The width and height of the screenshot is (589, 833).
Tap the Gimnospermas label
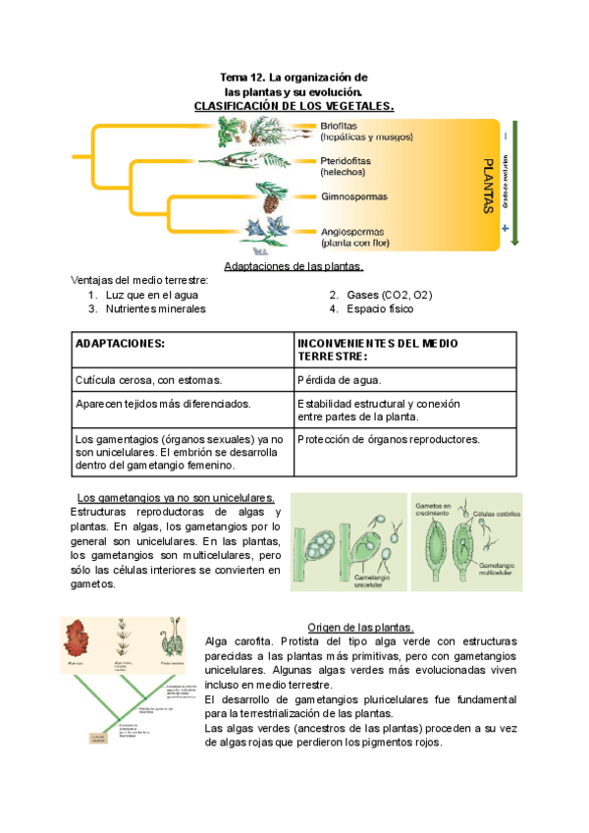pyautogui.click(x=354, y=196)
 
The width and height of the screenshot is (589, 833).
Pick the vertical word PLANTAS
pyautogui.click(x=487, y=186)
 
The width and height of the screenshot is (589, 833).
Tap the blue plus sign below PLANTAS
pyautogui.click(x=505, y=229)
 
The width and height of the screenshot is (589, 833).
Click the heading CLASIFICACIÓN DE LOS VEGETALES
pyautogui.click(x=294, y=105)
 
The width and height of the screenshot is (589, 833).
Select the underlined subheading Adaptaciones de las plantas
pyautogui.click(x=294, y=266)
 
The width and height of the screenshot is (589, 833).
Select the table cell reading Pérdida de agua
pyautogui.click(x=339, y=379)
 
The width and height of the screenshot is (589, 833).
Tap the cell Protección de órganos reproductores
pyautogui.click(x=388, y=439)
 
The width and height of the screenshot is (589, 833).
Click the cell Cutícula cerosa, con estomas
pyautogui.click(x=148, y=379)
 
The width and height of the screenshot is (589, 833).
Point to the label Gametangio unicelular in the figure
pyautogui.click(x=364, y=583)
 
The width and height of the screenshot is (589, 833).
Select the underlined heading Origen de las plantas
pyautogui.click(x=360, y=628)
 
